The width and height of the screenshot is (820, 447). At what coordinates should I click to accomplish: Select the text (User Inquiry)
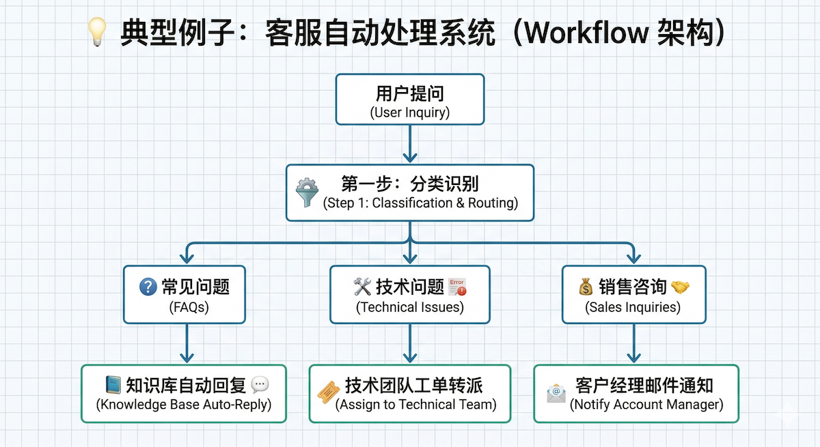409,112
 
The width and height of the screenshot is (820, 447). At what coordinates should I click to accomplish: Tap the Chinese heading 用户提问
409,93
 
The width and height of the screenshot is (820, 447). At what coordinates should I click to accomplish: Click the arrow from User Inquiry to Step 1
409,143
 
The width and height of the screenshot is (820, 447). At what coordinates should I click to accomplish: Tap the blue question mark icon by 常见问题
148,287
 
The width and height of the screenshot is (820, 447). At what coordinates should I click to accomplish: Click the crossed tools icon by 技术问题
361,287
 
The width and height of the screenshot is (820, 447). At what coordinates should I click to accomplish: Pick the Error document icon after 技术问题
457,286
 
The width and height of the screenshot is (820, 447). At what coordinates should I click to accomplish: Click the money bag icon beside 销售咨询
586,287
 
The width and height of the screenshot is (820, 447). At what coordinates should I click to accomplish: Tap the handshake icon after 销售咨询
680,287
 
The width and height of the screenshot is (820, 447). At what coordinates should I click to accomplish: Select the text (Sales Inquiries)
633,307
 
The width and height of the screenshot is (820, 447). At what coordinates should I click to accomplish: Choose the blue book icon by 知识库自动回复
113,386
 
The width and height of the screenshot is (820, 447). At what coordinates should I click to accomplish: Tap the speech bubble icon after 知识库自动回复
260,386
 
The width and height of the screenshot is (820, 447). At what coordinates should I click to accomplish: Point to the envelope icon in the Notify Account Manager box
556,394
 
